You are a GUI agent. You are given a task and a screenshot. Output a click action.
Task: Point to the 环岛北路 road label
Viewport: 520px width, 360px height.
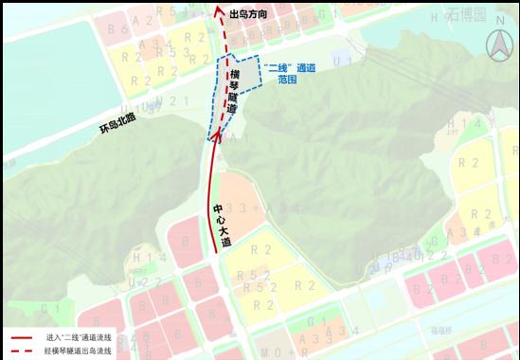(x=118, y=124)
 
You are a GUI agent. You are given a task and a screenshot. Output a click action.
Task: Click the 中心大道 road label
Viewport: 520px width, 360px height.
(x=224, y=225)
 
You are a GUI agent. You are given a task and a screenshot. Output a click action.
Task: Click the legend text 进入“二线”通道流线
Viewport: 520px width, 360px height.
(x=79, y=337)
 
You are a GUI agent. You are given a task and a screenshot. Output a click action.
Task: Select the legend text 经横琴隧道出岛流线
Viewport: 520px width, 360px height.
(x=79, y=351)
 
